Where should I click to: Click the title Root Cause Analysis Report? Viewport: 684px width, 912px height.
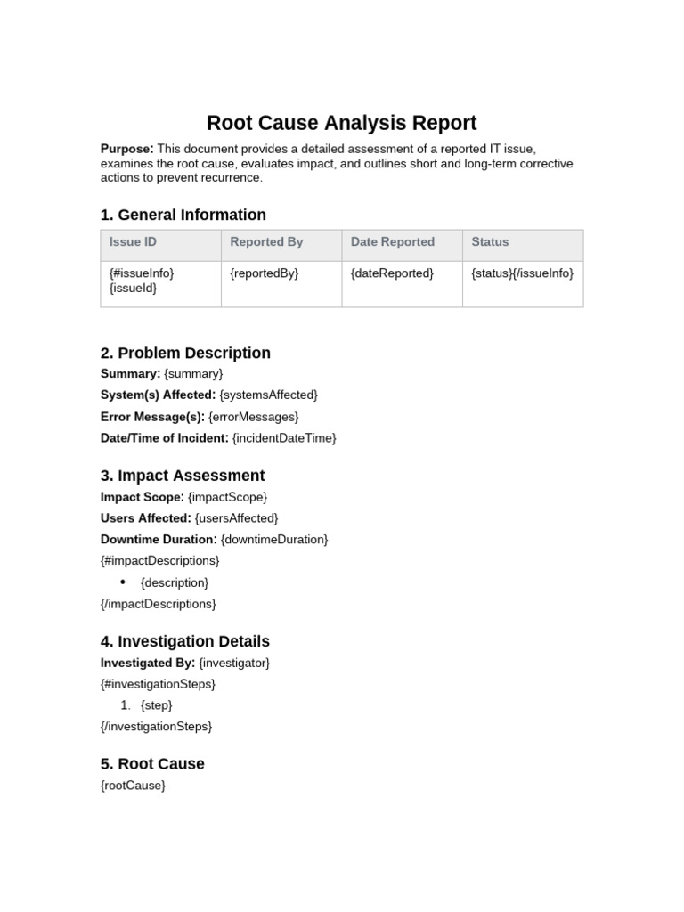341,123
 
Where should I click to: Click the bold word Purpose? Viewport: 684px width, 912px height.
126,149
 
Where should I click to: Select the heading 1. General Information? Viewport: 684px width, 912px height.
183,215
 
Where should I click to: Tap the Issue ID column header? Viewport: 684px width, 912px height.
133,242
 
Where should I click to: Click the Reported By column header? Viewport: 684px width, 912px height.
266,242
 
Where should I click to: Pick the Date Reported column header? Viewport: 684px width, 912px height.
392,242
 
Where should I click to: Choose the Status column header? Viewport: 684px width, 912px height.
490,242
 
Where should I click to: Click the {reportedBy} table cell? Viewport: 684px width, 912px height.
264,273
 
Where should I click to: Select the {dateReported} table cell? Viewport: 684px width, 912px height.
392,273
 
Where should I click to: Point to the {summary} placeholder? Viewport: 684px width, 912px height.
193,374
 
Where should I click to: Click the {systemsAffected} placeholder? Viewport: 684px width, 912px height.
268,395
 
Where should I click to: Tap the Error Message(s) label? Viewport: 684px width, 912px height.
152,417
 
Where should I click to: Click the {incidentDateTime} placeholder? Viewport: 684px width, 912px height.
284,438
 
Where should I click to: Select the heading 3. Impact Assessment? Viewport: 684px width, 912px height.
183,476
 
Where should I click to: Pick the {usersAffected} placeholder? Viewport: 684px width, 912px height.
236,518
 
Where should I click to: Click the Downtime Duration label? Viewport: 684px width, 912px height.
159,540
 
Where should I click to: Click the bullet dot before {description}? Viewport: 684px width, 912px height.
123,582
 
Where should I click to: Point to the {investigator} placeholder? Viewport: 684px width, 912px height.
234,664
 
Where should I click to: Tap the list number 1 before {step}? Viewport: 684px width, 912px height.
126,705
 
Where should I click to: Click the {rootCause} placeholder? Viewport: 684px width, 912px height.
133,786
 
